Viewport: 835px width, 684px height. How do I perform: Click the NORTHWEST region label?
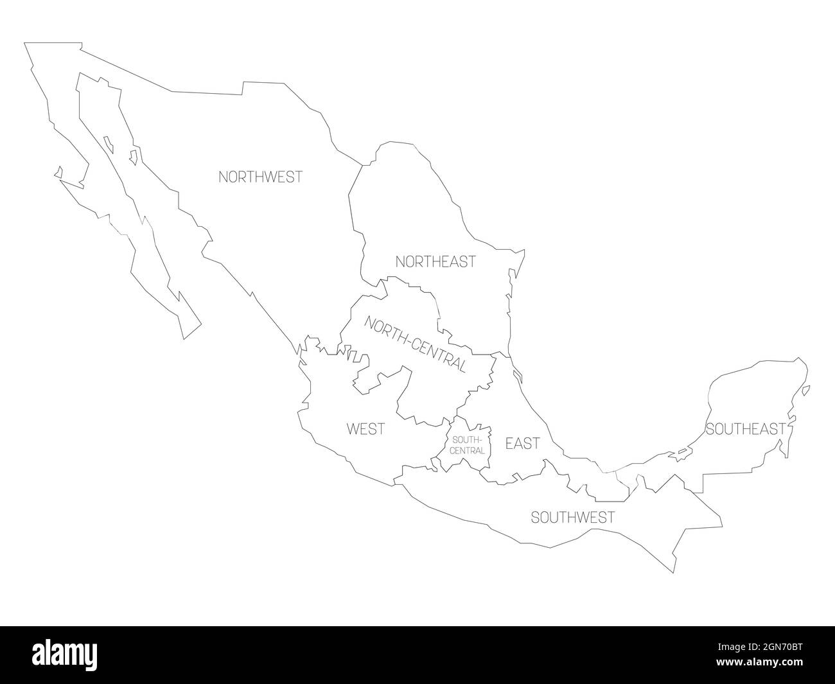[x=260, y=177]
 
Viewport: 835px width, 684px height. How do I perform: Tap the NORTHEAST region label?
[x=435, y=261]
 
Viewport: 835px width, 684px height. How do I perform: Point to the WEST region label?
[x=365, y=429]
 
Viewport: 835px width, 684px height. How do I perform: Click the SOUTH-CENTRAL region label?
[x=468, y=445]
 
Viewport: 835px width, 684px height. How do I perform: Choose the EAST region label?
[x=522, y=443]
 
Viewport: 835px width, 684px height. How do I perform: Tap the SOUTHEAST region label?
[x=745, y=429]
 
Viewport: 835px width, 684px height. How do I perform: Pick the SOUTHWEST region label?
[x=572, y=517]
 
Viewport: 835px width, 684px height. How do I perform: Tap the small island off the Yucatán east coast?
[x=806, y=390]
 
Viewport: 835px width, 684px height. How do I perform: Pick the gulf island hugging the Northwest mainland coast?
[x=133, y=157]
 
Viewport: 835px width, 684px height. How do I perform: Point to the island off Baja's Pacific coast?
[x=58, y=172]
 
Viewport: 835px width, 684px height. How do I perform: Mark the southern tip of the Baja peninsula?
[x=186, y=337]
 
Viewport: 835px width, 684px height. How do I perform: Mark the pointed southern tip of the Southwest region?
[x=672, y=572]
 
